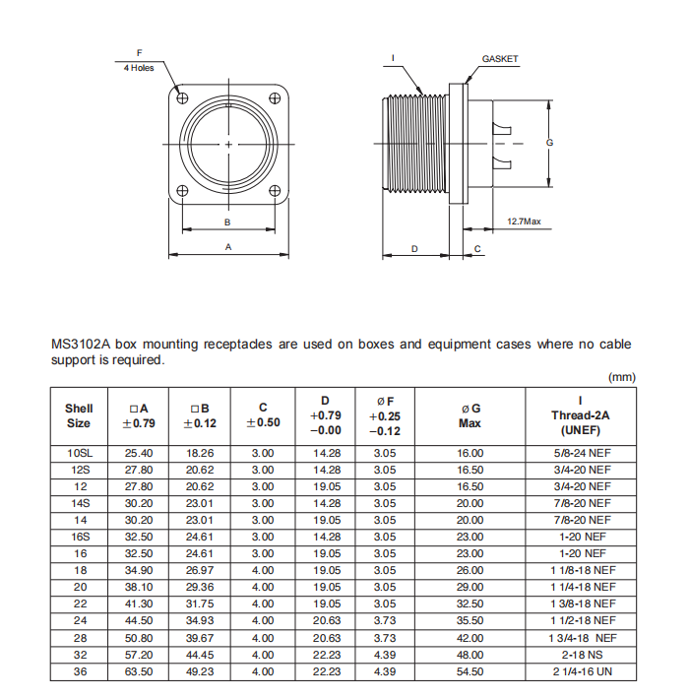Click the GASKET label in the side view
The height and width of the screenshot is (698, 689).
click(500, 59)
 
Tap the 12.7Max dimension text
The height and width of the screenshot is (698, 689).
click(524, 221)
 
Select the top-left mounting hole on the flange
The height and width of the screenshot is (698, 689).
click(182, 96)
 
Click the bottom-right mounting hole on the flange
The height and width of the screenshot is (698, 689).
click(276, 191)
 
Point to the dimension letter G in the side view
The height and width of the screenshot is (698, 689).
click(549, 143)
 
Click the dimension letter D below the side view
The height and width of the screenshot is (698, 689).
click(414, 249)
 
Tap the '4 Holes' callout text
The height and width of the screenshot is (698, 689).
click(139, 68)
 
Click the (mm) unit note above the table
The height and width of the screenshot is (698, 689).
click(622, 377)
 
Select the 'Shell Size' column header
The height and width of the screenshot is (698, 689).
click(79, 415)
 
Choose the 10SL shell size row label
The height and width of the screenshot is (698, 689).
click(79, 453)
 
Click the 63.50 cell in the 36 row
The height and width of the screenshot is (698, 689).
click(139, 671)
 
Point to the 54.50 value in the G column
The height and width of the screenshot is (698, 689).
click(470, 671)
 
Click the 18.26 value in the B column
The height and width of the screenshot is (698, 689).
click(200, 453)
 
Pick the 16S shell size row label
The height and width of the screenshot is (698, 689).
click(79, 537)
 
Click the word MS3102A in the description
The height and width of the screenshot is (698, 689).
click(80, 345)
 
